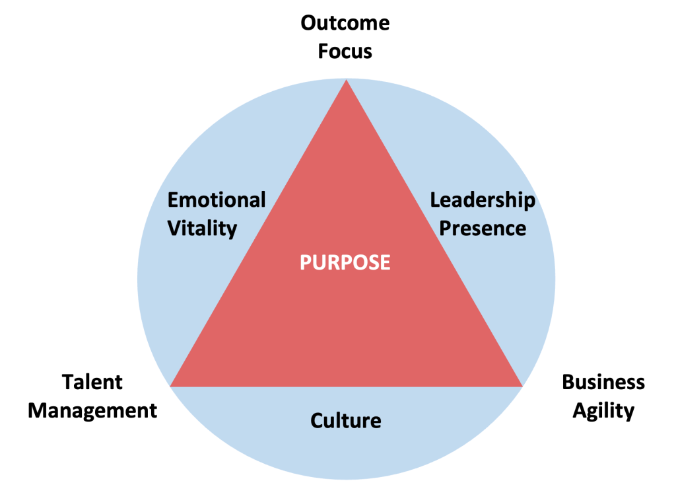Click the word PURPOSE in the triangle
(345, 262)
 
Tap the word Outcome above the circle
(345, 24)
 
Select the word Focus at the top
(345, 52)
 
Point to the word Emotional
(217, 200)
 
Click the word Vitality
(202, 229)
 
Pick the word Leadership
(483, 200)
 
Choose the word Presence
(483, 229)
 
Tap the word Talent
(92, 382)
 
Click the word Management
(92, 410)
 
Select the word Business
(603, 382)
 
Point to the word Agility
(603, 410)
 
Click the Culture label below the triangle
(345, 420)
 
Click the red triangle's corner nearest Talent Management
(172, 385)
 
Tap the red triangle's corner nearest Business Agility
(521, 385)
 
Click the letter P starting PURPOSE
(305, 262)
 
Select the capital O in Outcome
(309, 24)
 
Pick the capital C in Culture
(316, 420)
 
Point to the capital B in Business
(567, 382)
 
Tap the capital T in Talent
(67, 382)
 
